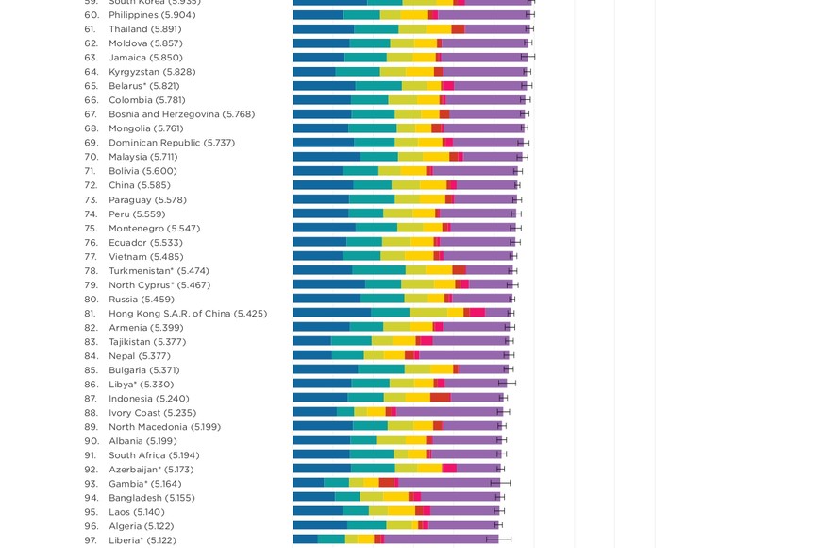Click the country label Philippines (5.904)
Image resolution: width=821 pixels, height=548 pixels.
point(152,15)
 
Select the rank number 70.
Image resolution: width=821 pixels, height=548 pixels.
point(92,157)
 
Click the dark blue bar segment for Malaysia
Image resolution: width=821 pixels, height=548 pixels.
point(326,157)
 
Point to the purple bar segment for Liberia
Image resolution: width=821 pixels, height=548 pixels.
point(441,540)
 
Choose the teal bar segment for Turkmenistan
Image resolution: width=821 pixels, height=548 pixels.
point(378,271)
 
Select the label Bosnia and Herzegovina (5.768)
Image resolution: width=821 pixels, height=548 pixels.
point(181,114)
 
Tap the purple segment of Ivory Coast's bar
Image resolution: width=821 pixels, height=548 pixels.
point(449,413)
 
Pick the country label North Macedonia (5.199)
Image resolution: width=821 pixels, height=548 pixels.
point(164,427)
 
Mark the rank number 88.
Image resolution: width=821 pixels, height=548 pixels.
point(92,413)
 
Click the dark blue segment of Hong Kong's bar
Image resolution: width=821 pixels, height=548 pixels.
point(331,314)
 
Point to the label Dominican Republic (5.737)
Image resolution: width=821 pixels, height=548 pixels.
point(171,143)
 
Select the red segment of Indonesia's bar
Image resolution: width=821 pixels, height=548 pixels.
point(440,399)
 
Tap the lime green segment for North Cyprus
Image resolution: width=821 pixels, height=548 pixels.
point(417,285)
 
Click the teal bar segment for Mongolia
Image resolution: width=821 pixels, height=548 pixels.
point(372,128)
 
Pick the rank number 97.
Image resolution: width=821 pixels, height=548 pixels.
point(92,540)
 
